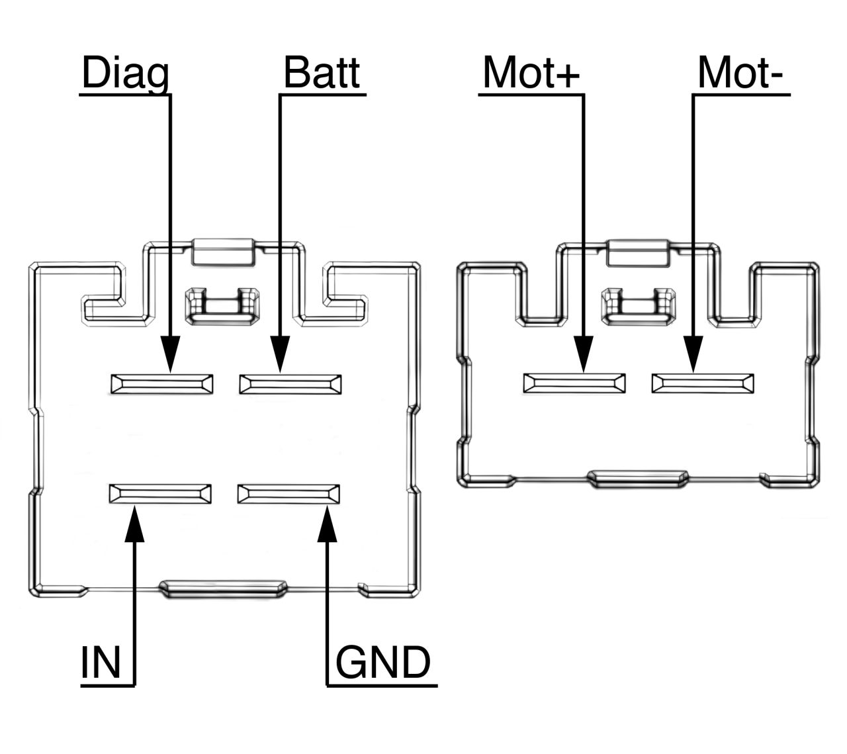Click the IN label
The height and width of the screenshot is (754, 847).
click(101, 663)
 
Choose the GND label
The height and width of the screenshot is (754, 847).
click(382, 663)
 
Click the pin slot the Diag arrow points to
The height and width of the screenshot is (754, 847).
click(162, 385)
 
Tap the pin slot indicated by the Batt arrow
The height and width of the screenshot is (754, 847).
click(290, 385)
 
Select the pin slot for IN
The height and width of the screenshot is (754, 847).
click(161, 494)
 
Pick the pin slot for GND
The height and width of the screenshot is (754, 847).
click(289, 494)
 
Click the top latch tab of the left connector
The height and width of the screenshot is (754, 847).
click(222, 252)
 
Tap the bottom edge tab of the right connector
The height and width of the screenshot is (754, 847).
click(638, 479)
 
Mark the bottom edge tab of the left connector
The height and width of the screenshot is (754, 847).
click(224, 589)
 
